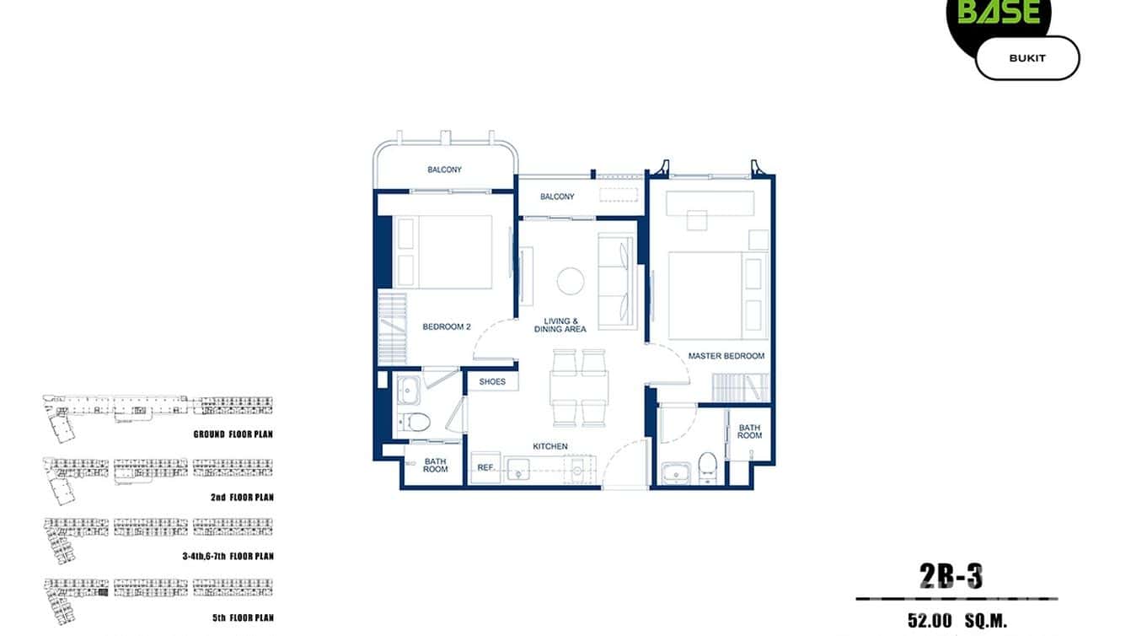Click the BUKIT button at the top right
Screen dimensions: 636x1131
pyautogui.click(x=1026, y=58)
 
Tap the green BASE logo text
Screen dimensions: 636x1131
pyautogui.click(x=999, y=12)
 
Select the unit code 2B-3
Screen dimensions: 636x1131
pyautogui.click(x=952, y=577)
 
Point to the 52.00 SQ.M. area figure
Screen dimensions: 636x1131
pyautogui.click(x=957, y=622)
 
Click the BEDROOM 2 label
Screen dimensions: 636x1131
pyautogui.click(x=446, y=327)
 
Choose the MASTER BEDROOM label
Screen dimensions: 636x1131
pyautogui.click(x=726, y=356)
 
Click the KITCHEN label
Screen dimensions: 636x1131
pyautogui.click(x=549, y=446)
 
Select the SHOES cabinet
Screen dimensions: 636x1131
pyautogui.click(x=492, y=382)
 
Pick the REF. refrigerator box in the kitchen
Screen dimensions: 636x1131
pyautogui.click(x=485, y=466)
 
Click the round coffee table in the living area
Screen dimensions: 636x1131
pyautogui.click(x=571, y=281)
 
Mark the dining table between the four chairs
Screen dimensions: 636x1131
pyautogui.click(x=578, y=387)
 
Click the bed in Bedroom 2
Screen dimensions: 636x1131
pyautogui.click(x=444, y=252)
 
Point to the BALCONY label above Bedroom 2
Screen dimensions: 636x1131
pyautogui.click(x=444, y=170)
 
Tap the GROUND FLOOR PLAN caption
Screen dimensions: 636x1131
pyautogui.click(x=233, y=434)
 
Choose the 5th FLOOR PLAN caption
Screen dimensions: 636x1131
pyautogui.click(x=243, y=618)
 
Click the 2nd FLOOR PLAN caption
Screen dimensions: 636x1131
pyautogui.click(x=242, y=498)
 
